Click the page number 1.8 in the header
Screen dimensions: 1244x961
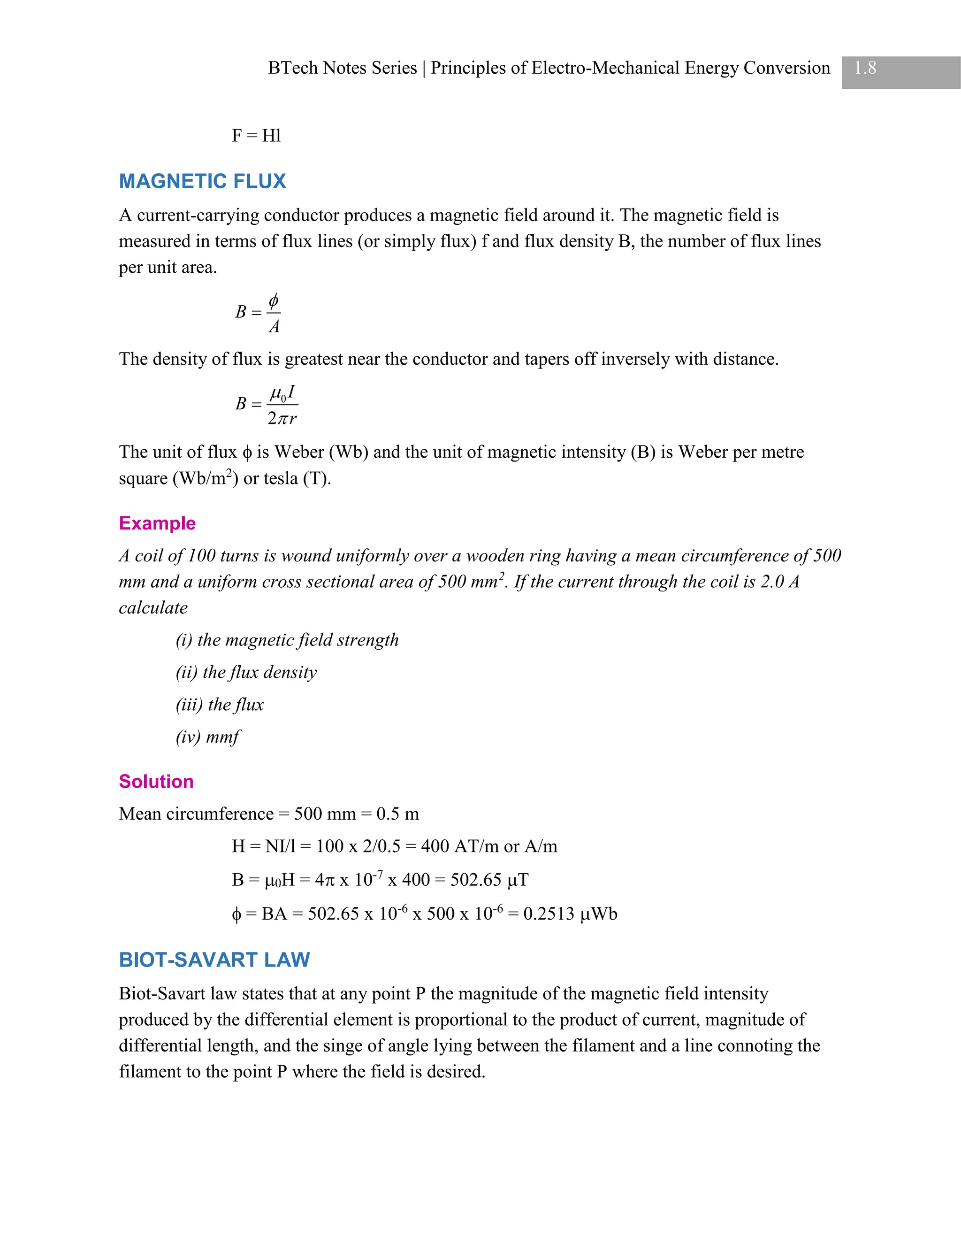click(x=865, y=69)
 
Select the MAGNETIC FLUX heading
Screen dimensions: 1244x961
click(x=202, y=181)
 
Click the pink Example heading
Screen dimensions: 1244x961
click(x=157, y=523)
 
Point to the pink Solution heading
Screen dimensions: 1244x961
click(x=156, y=781)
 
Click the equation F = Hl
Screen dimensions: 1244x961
click(x=256, y=136)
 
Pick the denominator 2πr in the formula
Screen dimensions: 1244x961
click(x=282, y=419)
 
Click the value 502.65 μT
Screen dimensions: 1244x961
click(x=489, y=880)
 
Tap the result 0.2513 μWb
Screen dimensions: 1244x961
click(x=570, y=914)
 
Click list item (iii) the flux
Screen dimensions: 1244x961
click(x=220, y=705)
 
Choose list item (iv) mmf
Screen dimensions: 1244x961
click(x=208, y=737)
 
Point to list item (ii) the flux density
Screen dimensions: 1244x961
click(x=246, y=672)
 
